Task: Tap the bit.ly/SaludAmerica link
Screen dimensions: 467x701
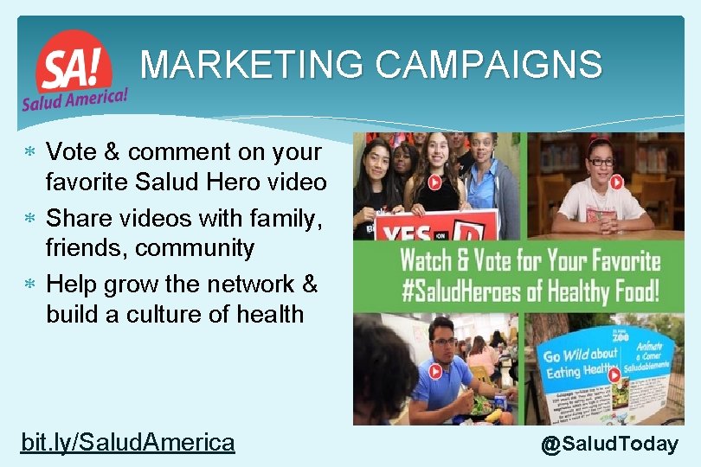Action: tap(127, 443)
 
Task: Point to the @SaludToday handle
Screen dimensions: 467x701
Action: tap(609, 445)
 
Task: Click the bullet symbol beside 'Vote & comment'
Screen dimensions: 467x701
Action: tap(29, 153)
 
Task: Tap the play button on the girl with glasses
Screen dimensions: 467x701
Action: tap(616, 182)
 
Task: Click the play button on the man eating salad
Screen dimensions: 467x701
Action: tap(435, 372)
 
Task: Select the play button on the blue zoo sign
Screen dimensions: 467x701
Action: tap(614, 375)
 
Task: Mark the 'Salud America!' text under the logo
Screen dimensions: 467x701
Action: tap(74, 97)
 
